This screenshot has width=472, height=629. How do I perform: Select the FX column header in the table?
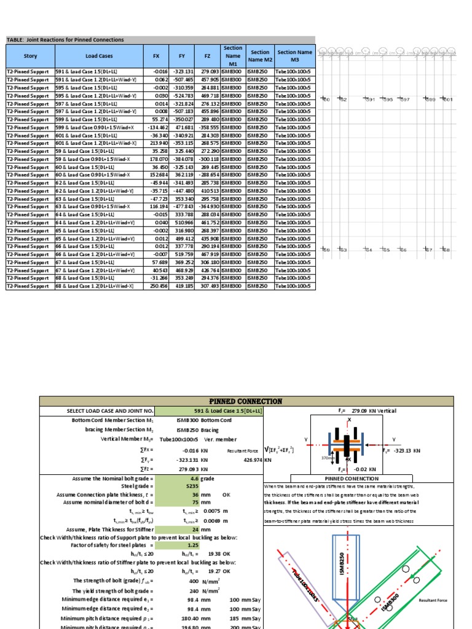(156, 56)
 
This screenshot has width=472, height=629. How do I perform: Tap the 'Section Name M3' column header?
(295, 56)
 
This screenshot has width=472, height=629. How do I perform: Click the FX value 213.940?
(157, 143)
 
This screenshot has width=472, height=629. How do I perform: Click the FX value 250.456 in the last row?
(157, 286)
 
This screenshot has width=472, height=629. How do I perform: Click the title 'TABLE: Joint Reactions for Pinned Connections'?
(65, 40)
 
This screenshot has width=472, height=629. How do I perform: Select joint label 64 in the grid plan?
(385, 250)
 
